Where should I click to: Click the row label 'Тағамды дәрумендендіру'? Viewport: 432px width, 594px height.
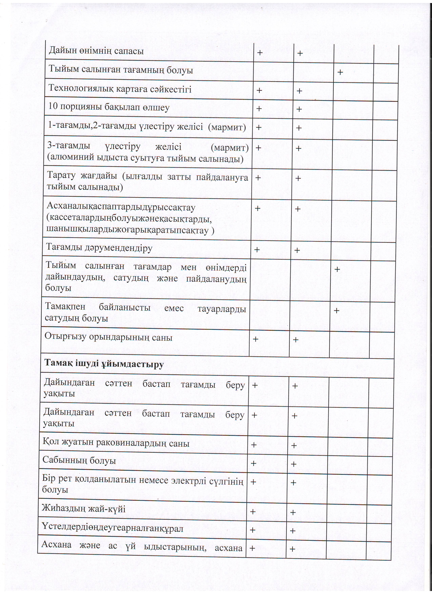(99, 248)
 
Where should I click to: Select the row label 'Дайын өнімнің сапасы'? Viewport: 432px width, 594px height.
(96, 51)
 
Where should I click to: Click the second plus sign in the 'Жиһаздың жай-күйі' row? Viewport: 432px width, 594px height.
(293, 512)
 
